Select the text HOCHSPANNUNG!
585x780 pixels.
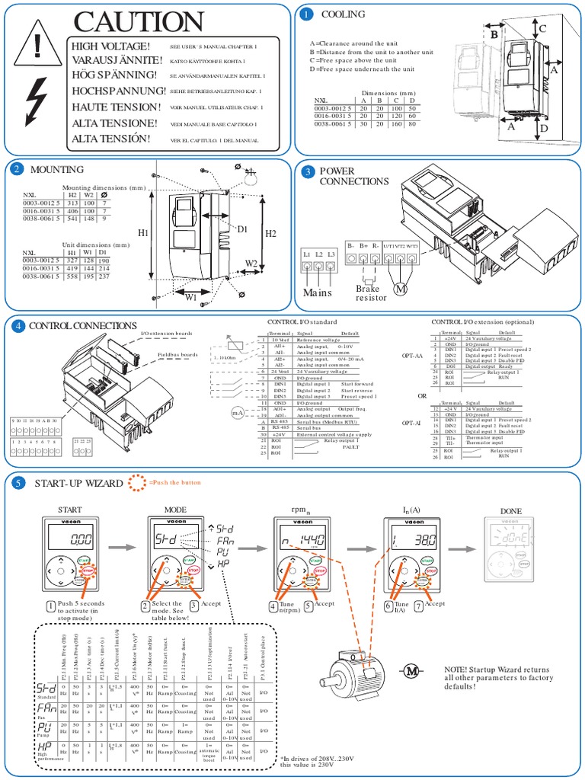[x=118, y=90]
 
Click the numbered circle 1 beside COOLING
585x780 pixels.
[x=306, y=14]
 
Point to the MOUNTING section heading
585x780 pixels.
[x=57, y=169]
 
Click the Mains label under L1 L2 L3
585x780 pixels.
[x=318, y=291]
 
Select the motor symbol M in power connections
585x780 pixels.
[x=400, y=289]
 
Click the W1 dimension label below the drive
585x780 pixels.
[x=191, y=299]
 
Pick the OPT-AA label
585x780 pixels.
[x=412, y=355]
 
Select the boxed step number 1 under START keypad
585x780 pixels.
[x=51, y=606]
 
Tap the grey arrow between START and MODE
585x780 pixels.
[x=117, y=547]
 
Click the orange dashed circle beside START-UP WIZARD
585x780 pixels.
[x=136, y=483]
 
